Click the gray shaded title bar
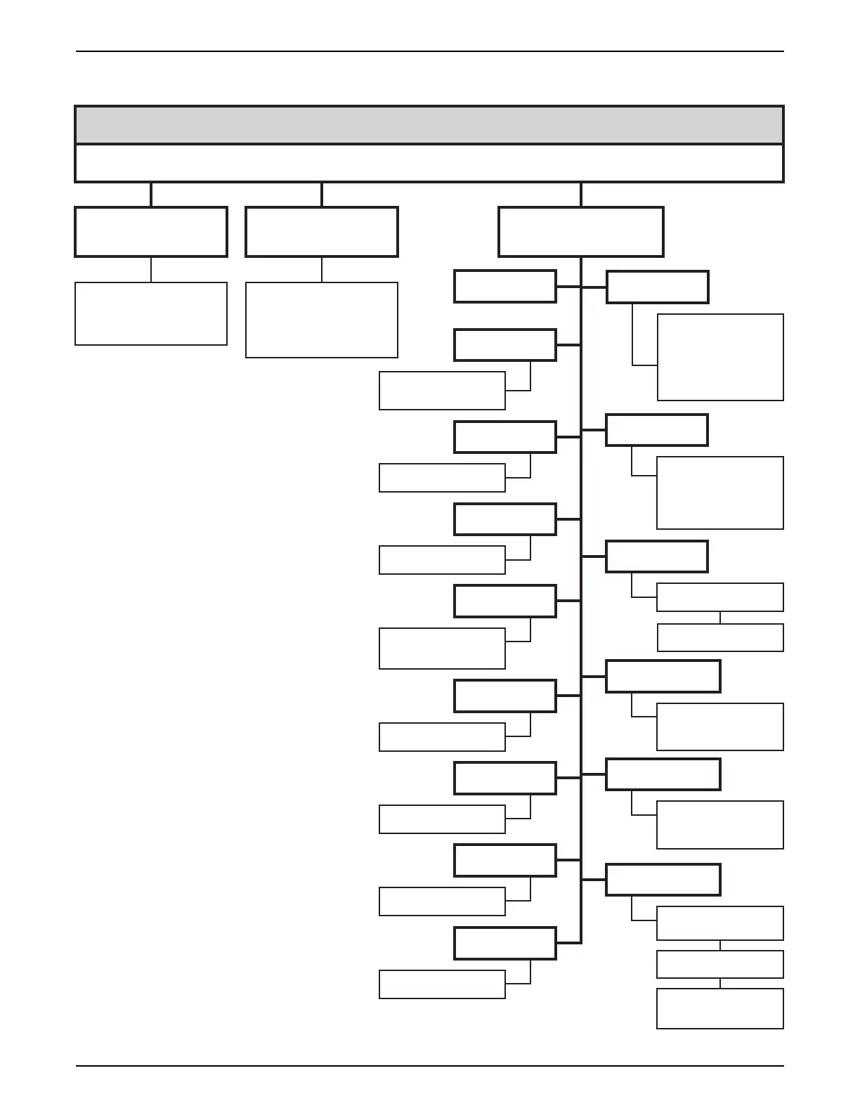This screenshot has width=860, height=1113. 429,125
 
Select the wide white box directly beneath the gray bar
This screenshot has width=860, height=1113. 429,163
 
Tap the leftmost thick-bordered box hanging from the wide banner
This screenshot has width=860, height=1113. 151,232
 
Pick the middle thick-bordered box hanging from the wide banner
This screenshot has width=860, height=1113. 322,232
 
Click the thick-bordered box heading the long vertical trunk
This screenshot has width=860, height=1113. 581,232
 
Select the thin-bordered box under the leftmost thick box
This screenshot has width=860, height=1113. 151,313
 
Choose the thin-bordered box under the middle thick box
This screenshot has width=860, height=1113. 322,320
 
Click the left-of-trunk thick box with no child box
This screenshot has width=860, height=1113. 505,287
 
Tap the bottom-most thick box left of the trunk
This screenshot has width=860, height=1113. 505,943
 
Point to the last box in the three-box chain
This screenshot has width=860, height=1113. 720,1008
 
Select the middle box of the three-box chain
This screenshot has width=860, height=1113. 720,964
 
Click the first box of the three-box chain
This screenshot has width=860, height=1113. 720,923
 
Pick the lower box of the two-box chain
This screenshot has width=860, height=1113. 720,637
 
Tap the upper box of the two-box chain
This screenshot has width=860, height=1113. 720,597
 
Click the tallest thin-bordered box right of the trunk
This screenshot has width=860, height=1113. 720,357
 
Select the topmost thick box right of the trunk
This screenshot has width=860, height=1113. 658,287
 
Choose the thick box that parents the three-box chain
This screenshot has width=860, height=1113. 663,880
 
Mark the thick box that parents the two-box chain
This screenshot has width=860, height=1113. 657,556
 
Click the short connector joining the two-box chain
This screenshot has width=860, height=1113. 720,618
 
